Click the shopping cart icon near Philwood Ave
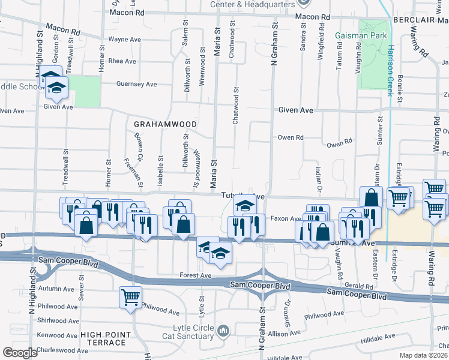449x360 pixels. click(x=130, y=296)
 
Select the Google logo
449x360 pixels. click(x=20, y=353)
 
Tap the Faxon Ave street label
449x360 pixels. click(x=285, y=219)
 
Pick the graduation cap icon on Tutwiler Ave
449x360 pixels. click(x=244, y=204)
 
